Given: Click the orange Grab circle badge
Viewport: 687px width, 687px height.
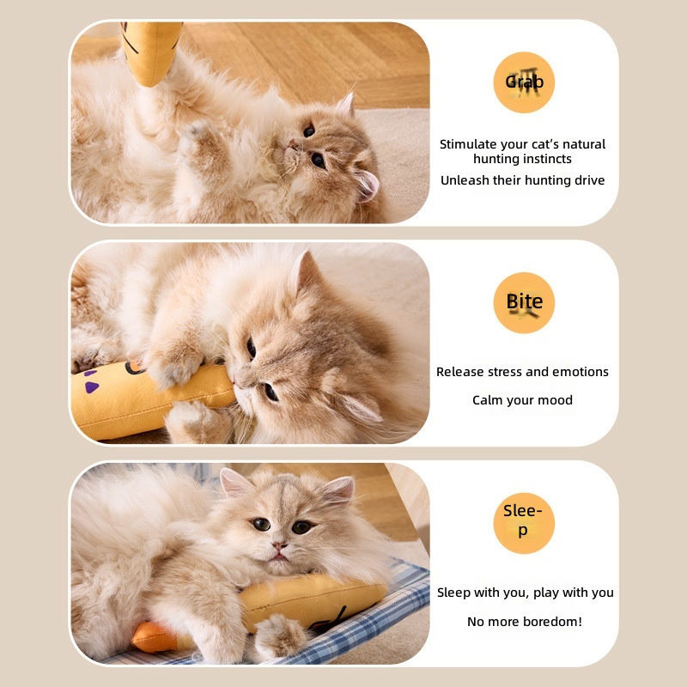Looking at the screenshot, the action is pyautogui.click(x=524, y=82).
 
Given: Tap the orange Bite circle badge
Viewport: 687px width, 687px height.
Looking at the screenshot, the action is pyautogui.click(x=524, y=303).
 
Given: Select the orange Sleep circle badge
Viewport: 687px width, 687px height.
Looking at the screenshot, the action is pyautogui.click(x=524, y=523).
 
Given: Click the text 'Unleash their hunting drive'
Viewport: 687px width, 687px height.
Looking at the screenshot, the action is pyautogui.click(x=522, y=180).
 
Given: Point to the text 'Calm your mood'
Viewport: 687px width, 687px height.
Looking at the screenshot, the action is pyautogui.click(x=522, y=400).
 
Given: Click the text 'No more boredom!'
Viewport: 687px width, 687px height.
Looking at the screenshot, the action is pyautogui.click(x=525, y=621).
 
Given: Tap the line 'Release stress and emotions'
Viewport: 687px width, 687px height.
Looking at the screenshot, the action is pyautogui.click(x=522, y=372).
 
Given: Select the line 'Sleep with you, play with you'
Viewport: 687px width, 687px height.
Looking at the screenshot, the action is pyautogui.click(x=525, y=593).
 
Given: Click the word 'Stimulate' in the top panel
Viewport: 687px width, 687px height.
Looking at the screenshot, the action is pyautogui.click(x=468, y=144).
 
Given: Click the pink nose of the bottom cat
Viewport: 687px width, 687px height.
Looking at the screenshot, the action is pyautogui.click(x=279, y=546).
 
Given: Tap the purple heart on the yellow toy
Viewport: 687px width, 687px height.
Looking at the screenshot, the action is pyautogui.click(x=92, y=387).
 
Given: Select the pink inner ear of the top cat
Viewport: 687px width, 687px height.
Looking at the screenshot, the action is pyautogui.click(x=368, y=185).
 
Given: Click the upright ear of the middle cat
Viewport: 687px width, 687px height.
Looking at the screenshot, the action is pyautogui.click(x=307, y=271).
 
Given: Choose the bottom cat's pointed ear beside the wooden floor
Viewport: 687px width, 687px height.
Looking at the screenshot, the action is pyautogui.click(x=340, y=489).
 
